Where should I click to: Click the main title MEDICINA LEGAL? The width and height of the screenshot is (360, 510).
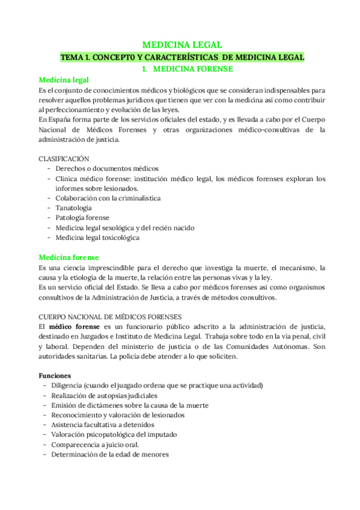tap(182, 45)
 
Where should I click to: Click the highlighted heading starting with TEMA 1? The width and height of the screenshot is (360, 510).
tap(182, 57)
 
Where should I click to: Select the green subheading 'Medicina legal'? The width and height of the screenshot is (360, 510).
tap(64, 81)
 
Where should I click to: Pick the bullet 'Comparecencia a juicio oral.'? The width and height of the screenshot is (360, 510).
tap(96, 444)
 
